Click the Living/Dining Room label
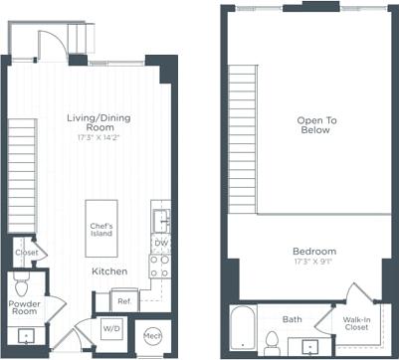(98, 123)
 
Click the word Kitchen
(108, 270)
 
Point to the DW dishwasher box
(159, 243)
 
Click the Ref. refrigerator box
(125, 300)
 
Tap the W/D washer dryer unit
(110, 328)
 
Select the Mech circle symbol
(151, 335)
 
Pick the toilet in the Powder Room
(23, 283)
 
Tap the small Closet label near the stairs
(27, 253)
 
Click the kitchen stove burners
(159, 266)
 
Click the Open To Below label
(316, 126)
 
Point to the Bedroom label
(314, 251)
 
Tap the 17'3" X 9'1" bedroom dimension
(314, 264)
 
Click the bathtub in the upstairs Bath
(242, 330)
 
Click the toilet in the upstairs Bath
(273, 340)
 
